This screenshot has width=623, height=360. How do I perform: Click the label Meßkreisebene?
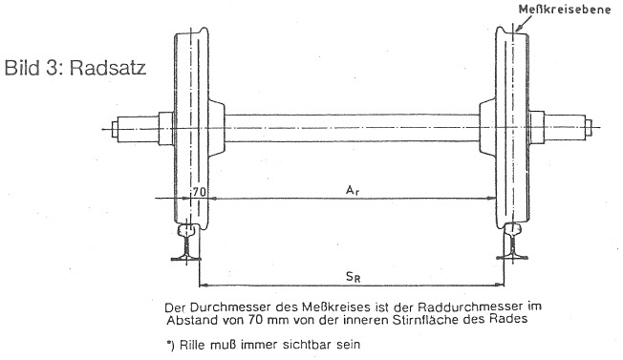[564, 10]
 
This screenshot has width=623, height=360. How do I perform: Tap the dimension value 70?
[200, 192]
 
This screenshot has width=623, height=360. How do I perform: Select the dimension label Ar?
[353, 191]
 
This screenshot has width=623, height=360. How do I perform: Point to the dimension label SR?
[353, 277]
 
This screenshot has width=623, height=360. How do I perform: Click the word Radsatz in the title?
[108, 68]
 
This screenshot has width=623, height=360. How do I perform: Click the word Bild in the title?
[21, 68]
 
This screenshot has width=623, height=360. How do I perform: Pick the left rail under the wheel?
[186, 243]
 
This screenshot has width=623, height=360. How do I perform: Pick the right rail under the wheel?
[512, 242]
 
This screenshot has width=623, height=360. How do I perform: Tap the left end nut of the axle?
[115, 129]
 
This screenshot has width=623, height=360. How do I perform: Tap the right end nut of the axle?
[589, 127]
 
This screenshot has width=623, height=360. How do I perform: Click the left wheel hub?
[216, 128]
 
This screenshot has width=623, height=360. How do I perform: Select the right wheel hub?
[487, 127]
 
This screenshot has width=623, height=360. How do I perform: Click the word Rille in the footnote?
[191, 345]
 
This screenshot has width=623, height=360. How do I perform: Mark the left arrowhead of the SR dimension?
[204, 285]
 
